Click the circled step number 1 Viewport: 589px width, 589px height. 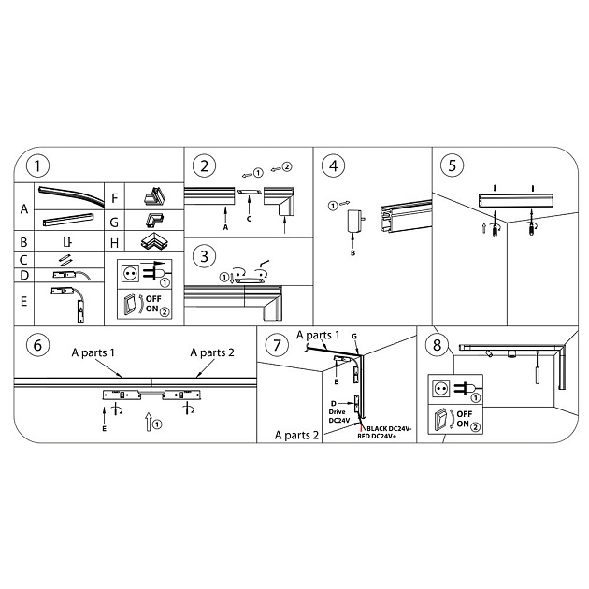pyautogui.click(x=37, y=166)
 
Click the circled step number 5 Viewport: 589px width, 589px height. pyautogui.click(x=452, y=166)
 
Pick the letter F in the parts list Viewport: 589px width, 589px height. pyautogui.click(x=114, y=198)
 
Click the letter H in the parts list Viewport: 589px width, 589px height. pyautogui.click(x=114, y=242)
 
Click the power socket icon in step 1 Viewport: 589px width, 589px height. pyautogui.click(x=132, y=275)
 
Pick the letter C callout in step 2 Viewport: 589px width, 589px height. pyautogui.click(x=249, y=219)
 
